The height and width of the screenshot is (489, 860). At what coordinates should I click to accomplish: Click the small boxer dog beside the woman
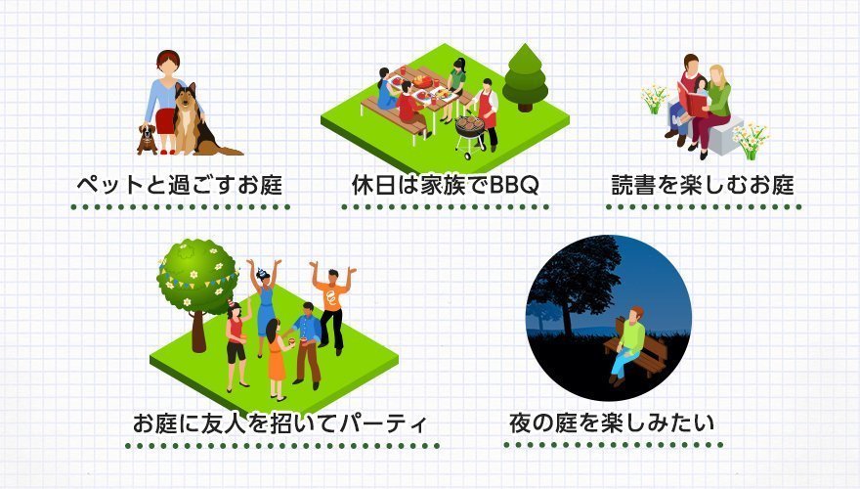click(x=147, y=140)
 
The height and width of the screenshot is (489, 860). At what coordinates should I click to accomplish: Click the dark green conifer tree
click(x=525, y=77)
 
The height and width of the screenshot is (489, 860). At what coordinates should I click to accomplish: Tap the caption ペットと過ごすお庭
click(x=180, y=185)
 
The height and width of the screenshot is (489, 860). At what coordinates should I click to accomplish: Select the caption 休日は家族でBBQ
click(x=446, y=185)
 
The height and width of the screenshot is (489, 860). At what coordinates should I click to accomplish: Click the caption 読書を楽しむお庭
click(x=703, y=185)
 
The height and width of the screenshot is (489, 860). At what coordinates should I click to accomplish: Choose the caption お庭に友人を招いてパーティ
click(x=279, y=422)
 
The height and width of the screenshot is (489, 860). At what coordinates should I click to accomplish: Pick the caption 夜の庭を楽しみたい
click(x=612, y=422)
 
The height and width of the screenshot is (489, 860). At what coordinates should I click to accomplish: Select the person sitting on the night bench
click(x=627, y=343)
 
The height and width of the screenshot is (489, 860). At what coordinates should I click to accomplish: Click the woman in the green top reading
click(x=713, y=110)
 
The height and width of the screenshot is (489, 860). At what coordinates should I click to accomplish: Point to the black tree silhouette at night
click(x=576, y=286)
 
